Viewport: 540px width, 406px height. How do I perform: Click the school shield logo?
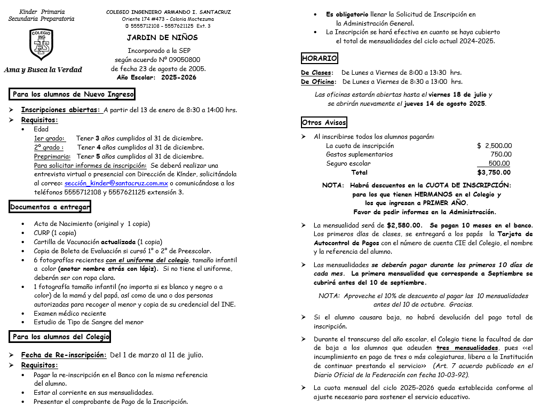tap(41, 45)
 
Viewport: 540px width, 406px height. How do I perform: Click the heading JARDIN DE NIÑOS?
tap(162, 38)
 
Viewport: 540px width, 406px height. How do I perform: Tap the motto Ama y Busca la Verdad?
tap(43, 70)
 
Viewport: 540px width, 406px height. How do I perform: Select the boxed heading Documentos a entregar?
tap(50, 207)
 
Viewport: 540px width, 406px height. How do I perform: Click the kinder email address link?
tap(116, 183)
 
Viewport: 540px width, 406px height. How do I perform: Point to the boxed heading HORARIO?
tap(319, 58)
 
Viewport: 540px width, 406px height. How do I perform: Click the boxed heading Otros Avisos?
tap(324, 123)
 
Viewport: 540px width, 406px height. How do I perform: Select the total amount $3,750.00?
tap(494, 173)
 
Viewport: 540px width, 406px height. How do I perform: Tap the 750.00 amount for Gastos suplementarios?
tap(501, 155)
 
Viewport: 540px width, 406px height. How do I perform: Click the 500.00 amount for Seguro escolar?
tap(499, 164)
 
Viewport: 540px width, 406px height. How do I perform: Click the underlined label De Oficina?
tap(319, 82)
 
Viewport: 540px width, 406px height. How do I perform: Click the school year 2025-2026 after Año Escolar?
tap(178, 77)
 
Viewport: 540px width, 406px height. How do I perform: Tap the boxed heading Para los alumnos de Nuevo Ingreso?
tap(73, 95)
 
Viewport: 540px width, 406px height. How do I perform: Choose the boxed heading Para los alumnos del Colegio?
tap(61, 337)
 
